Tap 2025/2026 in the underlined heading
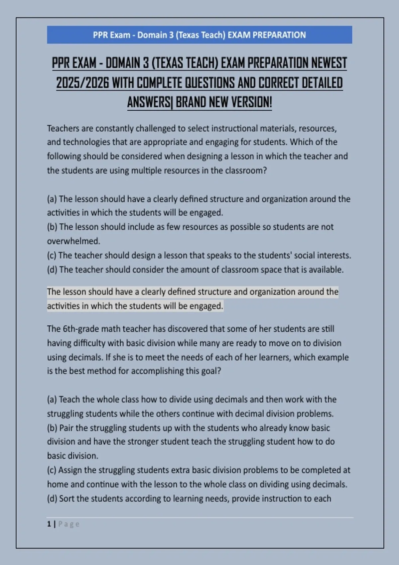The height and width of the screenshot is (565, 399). [82, 83]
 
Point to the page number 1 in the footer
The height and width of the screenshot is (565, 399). [49, 524]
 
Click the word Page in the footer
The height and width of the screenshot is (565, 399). [69, 524]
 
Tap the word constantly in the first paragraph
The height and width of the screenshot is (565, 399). [114, 128]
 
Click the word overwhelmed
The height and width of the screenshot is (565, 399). [73, 241]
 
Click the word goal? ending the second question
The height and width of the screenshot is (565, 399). [211, 371]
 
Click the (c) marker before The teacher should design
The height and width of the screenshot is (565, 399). [52, 255]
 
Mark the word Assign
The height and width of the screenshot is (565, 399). [70, 470]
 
